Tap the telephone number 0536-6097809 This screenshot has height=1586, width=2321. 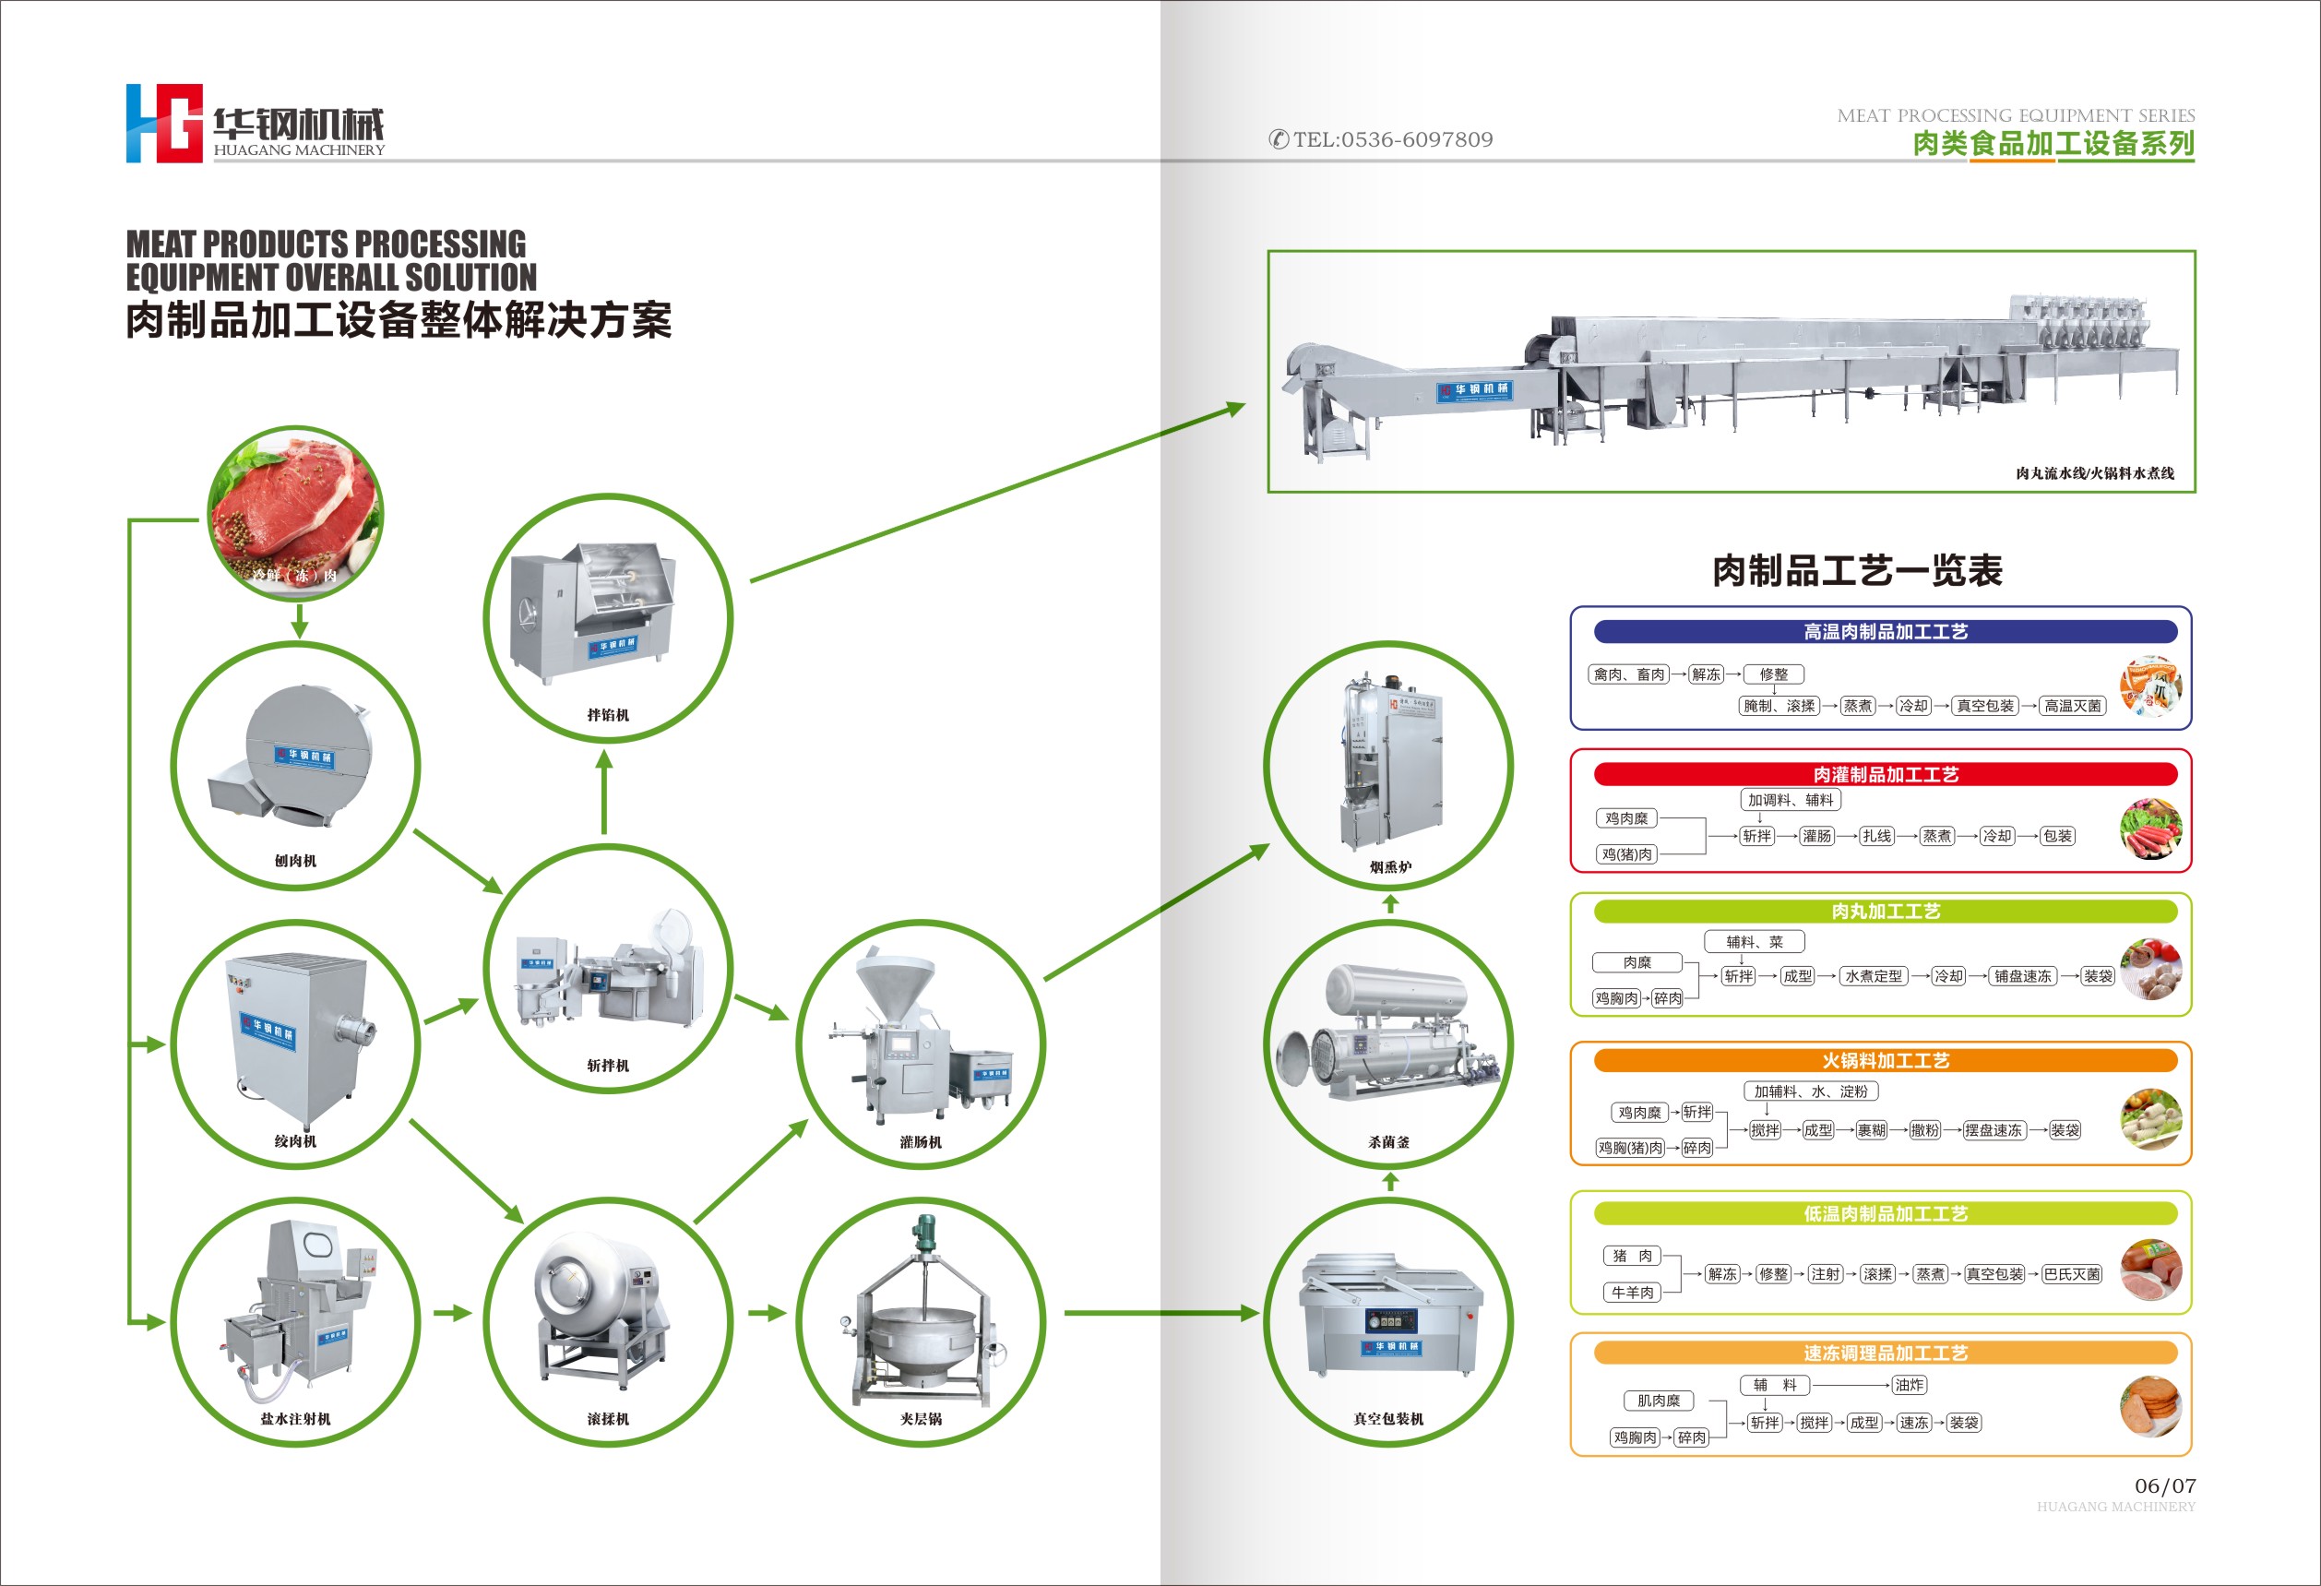(x=1392, y=140)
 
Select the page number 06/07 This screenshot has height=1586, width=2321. (x=2165, y=1485)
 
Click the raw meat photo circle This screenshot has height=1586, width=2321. (x=295, y=513)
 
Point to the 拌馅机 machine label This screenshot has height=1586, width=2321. (x=607, y=715)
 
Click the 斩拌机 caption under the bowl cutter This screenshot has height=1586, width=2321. (x=607, y=1066)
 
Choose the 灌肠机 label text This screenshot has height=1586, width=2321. (x=920, y=1141)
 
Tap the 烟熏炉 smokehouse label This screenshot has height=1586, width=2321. (x=1389, y=867)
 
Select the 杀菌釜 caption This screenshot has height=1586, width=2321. (x=1388, y=1141)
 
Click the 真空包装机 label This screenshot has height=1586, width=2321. (x=1388, y=1418)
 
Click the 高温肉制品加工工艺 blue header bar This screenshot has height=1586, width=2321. (x=1885, y=631)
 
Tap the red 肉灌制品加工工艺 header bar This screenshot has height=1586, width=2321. (x=1885, y=774)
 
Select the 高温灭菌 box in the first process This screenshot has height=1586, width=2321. (x=2072, y=706)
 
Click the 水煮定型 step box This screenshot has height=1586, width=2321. (x=1873, y=976)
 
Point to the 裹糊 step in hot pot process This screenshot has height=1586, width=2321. (x=1871, y=1130)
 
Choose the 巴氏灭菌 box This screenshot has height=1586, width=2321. (x=2071, y=1274)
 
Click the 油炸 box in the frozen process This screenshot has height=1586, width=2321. (x=1909, y=1385)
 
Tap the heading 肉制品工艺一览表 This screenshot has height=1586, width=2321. (x=1857, y=570)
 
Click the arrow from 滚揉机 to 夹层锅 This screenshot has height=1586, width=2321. (x=767, y=1313)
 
